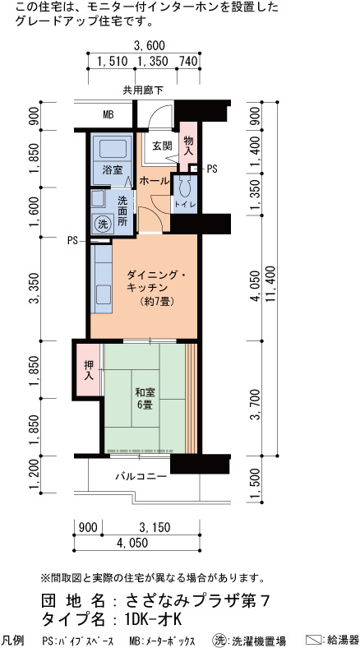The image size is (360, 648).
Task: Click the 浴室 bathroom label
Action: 113,169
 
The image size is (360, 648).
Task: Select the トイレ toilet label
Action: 185,205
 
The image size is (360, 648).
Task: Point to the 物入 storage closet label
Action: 188,145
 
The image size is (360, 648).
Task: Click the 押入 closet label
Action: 88,370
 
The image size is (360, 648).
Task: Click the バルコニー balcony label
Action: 141,476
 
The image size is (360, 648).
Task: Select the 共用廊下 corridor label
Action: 143,90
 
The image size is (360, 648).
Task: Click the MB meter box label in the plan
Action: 108,115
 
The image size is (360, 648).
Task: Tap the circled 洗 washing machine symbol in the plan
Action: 102,224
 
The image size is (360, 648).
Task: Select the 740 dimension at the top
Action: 188,62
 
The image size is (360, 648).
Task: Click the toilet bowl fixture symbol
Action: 185,188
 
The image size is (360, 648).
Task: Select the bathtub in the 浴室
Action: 112,149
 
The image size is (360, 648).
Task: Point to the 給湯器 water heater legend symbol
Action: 316,640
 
